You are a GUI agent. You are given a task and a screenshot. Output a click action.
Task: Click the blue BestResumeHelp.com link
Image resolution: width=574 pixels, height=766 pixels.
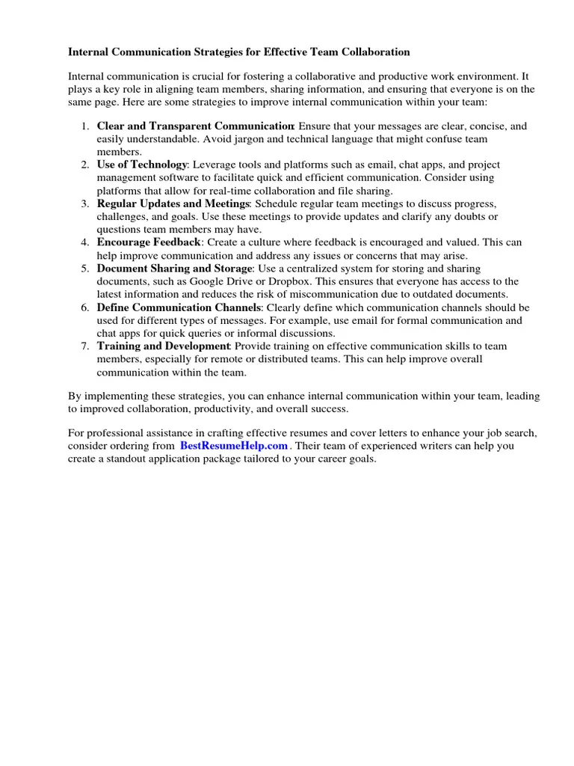(x=234, y=446)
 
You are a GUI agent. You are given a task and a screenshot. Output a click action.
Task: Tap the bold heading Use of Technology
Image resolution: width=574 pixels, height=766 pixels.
(x=142, y=165)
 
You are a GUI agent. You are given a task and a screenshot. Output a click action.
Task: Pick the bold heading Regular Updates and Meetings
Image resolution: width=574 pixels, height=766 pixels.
(x=173, y=203)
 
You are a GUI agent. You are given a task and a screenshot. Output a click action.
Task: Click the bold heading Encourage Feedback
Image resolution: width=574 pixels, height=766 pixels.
(x=149, y=242)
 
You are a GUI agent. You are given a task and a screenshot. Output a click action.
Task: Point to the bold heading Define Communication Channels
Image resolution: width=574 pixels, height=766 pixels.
(x=179, y=307)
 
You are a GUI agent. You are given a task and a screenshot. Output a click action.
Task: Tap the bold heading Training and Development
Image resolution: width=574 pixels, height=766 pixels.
(x=164, y=346)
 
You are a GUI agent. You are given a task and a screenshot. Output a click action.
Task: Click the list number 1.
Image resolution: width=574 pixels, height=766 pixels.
(x=85, y=126)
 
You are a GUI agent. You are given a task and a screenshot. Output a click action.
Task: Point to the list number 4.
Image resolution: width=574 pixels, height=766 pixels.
(x=85, y=242)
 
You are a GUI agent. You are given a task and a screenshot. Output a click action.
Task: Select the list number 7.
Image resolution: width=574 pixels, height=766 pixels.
(x=85, y=346)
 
